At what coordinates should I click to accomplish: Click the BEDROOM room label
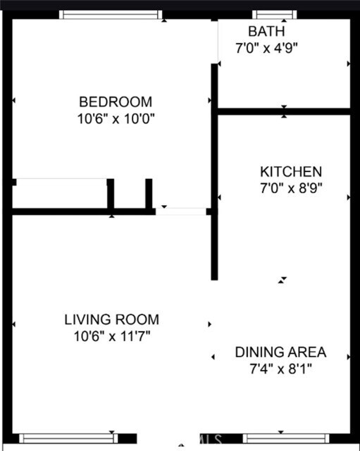[115, 101]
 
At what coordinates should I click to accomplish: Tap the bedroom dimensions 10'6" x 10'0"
[115, 118]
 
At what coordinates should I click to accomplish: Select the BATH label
[266, 31]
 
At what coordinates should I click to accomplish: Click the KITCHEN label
[291, 171]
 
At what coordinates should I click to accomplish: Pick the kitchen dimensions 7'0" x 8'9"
[291, 189]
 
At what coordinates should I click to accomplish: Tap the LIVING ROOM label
[111, 319]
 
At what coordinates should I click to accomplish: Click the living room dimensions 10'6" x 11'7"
[111, 336]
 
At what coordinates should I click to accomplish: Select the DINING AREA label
[280, 352]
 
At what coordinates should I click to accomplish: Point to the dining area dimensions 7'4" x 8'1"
[280, 369]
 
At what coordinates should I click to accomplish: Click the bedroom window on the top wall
[111, 14]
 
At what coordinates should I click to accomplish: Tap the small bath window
[275, 14]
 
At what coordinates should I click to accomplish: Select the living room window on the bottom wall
[68, 438]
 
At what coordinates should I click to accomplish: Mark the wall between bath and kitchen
[283, 111]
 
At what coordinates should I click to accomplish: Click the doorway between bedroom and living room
[180, 211]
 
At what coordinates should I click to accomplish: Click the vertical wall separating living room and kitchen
[214, 240]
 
